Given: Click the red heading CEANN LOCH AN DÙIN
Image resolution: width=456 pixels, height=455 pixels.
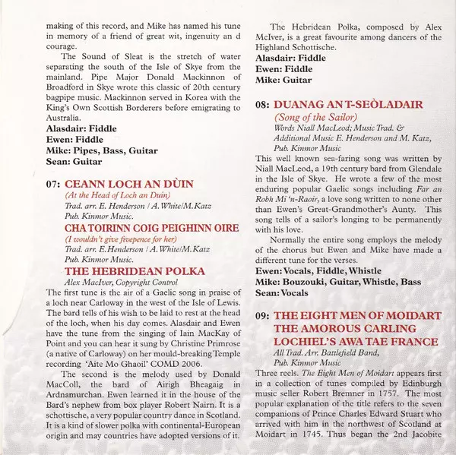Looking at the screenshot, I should pos(129,184).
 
